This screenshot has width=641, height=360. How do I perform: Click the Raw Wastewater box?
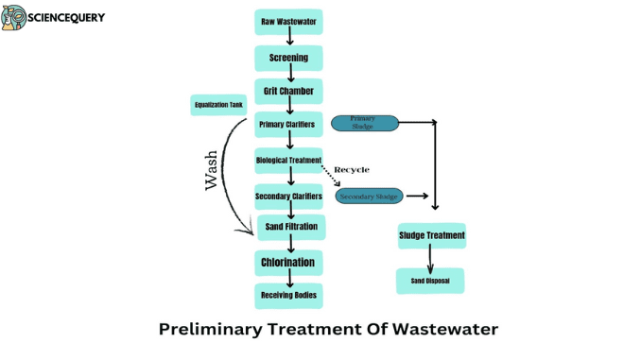coord(288,22)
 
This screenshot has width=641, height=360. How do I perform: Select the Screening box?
coord(288,58)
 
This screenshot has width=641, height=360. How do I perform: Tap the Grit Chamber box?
coord(288,92)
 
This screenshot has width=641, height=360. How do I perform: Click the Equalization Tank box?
coord(218,105)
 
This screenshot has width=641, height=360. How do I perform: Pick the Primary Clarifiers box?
coord(287,124)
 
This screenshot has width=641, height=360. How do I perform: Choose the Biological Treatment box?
coord(288,161)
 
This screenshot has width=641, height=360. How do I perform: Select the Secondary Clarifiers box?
coord(288,197)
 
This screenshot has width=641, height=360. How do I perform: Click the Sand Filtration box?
coord(291,227)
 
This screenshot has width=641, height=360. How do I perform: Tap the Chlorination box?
coord(288,262)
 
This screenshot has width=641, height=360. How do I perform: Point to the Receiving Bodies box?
coord(288,296)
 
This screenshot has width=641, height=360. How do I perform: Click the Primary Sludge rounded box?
coord(365,122)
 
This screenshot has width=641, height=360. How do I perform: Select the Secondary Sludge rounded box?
coord(370,197)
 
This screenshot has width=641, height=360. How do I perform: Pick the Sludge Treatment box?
coord(431,235)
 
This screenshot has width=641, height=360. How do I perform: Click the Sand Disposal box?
coord(430,281)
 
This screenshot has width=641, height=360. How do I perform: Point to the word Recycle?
coord(352,170)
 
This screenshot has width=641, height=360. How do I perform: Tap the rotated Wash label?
coord(212,170)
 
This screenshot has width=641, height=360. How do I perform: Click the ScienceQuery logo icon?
coord(13,18)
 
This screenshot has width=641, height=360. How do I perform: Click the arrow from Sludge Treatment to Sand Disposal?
coord(430,258)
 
